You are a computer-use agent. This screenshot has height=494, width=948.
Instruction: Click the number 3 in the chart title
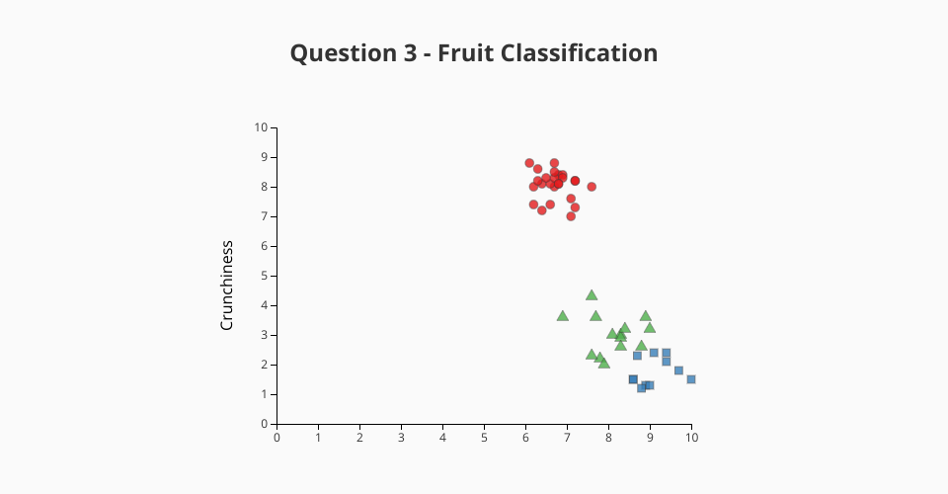coord(411,53)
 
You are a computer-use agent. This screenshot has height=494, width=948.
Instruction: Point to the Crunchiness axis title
coord(227,286)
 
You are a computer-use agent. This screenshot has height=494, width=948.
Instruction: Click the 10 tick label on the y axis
coord(261,127)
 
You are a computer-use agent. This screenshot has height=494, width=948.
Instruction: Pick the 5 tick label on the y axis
coord(265,276)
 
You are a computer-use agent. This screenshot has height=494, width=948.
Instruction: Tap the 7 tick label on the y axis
coord(265,216)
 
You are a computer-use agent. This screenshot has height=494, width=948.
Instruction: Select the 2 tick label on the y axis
coord(265,365)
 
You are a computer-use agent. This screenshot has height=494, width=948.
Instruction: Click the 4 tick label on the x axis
coord(442,437)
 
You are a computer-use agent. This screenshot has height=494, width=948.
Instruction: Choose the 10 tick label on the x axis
coord(691,437)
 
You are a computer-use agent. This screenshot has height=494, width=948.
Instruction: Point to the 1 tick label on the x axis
coord(318,437)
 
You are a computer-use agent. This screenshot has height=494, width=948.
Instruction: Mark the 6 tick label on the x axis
coord(525,437)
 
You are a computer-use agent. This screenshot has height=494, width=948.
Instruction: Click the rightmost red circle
coord(592,187)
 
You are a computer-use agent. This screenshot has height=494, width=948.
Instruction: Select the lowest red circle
coord(571,215)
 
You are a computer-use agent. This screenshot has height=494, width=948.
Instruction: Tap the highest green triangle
coord(592,295)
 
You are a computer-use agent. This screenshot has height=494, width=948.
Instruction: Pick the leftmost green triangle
coord(562,316)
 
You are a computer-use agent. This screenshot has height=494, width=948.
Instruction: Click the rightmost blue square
coord(691,379)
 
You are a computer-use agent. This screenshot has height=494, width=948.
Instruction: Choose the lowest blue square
coord(642,387)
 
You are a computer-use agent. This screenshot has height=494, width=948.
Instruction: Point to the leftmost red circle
coord(529,163)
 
